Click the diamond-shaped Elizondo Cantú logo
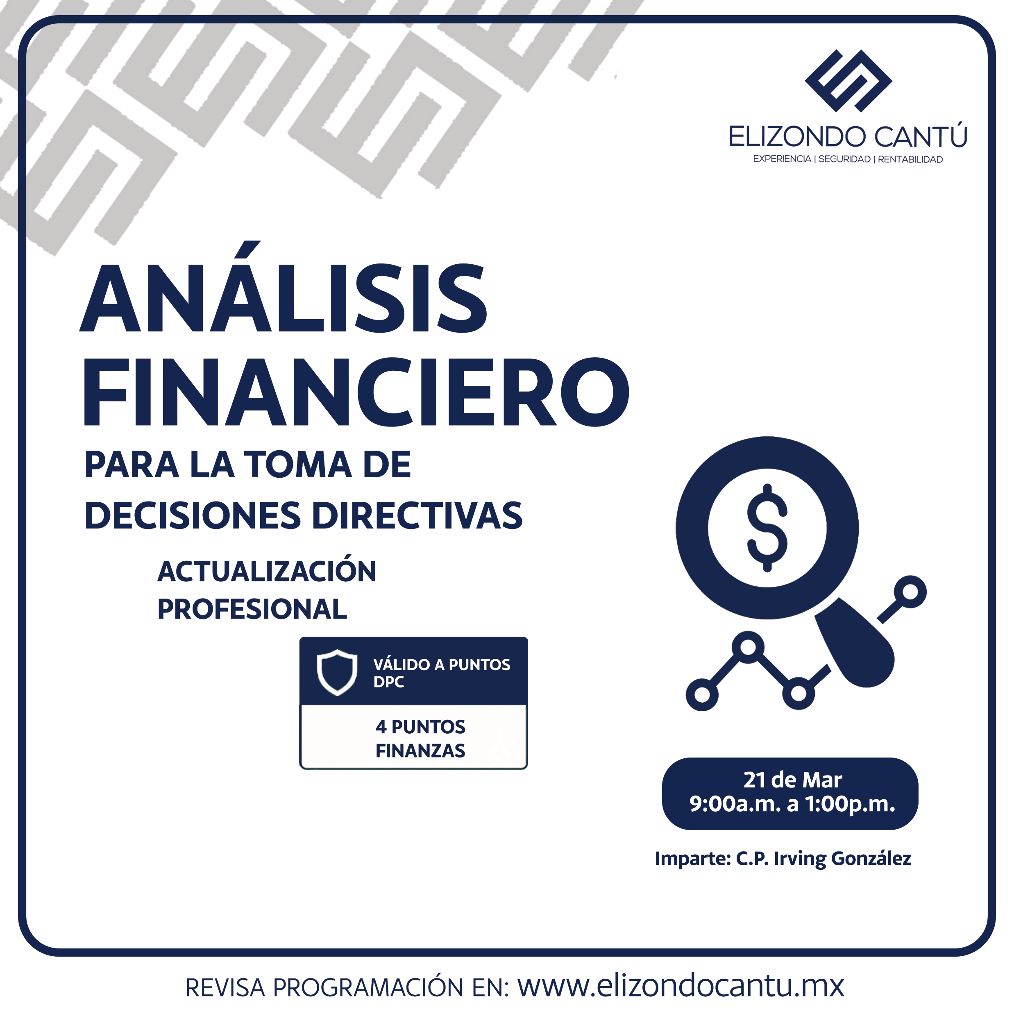point(848,81)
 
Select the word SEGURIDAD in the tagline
point(844,159)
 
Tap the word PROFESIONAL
point(252,609)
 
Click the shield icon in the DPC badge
point(337,672)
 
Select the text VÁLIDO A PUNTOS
point(441,665)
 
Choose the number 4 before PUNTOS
point(381,727)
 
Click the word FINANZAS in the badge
point(420,751)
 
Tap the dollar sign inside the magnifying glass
point(767,527)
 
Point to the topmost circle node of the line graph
point(911,592)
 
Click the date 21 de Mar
point(792,780)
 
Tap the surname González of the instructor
point(871,858)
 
